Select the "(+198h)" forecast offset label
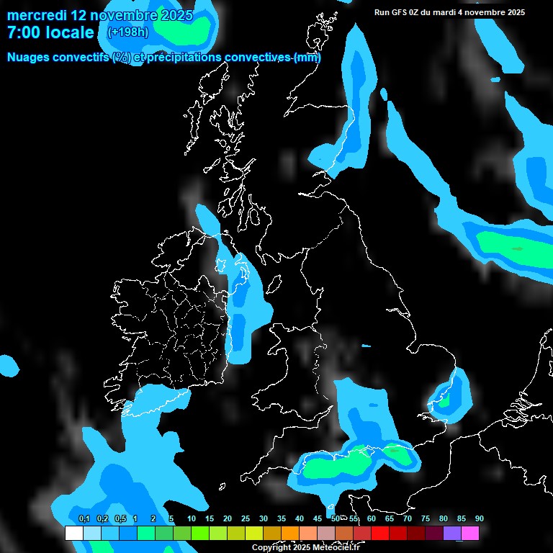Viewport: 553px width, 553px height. pyautogui.click(x=129, y=32)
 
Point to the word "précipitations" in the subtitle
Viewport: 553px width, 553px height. pyautogui.click(x=184, y=58)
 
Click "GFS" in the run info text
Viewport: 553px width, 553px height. pyautogui.click(x=405, y=12)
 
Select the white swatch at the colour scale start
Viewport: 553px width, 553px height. pyautogui.click(x=74, y=533)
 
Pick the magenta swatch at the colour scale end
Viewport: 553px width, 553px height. pyautogui.click(x=470, y=533)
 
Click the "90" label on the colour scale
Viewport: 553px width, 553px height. pyautogui.click(x=479, y=518)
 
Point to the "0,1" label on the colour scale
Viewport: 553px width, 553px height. pyautogui.click(x=84, y=518)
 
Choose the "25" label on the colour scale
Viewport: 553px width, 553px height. pyautogui.click(x=246, y=518)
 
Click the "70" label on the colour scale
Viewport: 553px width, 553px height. pyautogui.click(x=407, y=518)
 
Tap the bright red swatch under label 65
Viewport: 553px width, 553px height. pyautogui.click(x=380, y=533)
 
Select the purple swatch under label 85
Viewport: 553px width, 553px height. pyautogui.click(x=452, y=533)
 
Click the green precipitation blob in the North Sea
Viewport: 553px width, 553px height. pyautogui.click(x=513, y=248)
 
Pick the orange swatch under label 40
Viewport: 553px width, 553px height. pyautogui.click(x=290, y=533)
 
